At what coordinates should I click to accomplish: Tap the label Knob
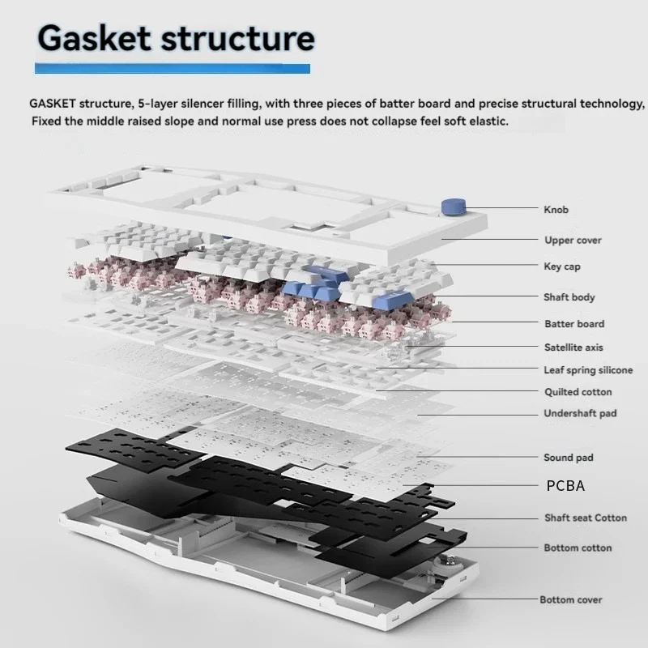[556, 210]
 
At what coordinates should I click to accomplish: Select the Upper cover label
[573, 240]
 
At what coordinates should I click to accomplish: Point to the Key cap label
[561, 266]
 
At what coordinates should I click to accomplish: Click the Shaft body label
[569, 297]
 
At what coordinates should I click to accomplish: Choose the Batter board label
[574, 324]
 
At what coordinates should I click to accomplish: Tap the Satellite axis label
[573, 347]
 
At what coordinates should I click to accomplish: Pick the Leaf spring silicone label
[588, 370]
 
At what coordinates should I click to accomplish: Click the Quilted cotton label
[578, 392]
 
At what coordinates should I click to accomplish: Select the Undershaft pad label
[579, 413]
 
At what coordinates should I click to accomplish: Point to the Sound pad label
[568, 458]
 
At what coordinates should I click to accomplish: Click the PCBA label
[565, 486]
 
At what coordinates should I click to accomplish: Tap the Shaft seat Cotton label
[586, 518]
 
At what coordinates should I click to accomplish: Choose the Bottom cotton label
[578, 548]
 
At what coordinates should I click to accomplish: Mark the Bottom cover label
[571, 599]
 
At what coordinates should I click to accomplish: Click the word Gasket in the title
[94, 38]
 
